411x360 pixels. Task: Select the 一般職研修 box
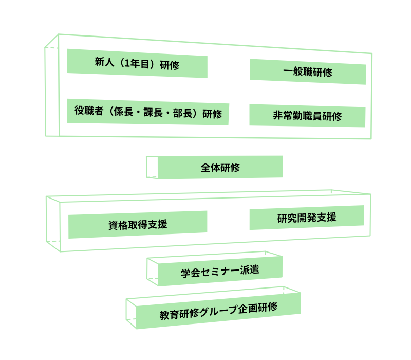pos(308,72)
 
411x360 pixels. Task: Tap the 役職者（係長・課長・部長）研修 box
pos(148,112)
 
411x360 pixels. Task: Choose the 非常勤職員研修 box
pos(307,116)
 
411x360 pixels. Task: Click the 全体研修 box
pos(220,167)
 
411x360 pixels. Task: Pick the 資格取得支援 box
pos(138,225)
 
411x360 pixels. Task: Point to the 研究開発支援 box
pos(307,218)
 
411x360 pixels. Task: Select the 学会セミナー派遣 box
pos(220,271)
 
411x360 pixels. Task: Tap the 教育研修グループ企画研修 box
pos(218,310)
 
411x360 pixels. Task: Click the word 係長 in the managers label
pos(122,112)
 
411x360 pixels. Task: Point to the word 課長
pos(155,113)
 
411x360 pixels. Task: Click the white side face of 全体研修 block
pos(152,167)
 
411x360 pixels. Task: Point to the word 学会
pos(191,273)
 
